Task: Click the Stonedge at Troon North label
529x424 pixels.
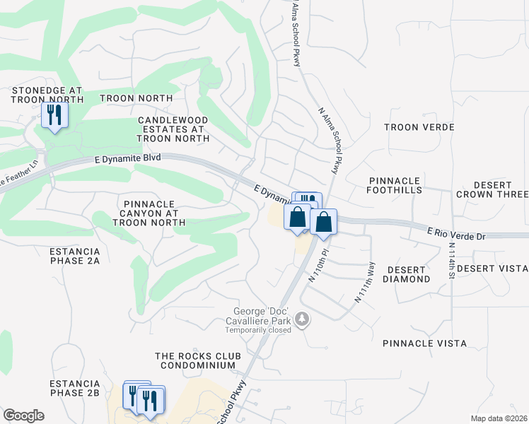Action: point(47,95)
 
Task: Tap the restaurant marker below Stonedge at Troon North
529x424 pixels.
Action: point(54,115)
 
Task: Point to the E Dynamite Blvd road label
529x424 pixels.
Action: point(128,160)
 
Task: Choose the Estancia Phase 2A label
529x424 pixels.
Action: point(75,256)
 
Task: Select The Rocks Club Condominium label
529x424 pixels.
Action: point(197,360)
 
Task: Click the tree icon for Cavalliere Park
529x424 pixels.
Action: point(303,319)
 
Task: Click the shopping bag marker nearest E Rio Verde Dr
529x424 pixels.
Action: point(323,223)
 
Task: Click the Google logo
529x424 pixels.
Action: point(23,416)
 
